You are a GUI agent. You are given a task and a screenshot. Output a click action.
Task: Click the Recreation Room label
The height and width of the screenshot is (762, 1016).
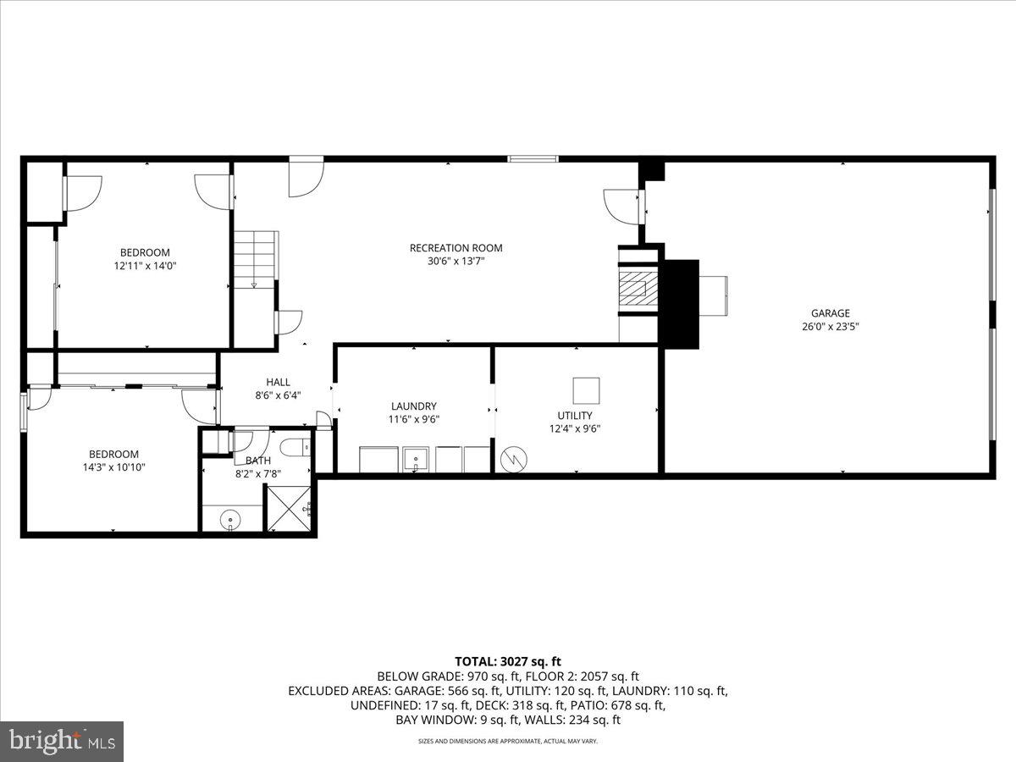(x=456, y=248)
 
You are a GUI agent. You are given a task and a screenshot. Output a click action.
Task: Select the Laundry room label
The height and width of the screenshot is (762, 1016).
(x=413, y=406)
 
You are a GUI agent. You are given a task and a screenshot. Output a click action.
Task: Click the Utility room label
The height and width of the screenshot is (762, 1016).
(x=575, y=415)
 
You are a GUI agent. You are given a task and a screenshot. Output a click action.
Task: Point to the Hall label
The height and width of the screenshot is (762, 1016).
(x=278, y=382)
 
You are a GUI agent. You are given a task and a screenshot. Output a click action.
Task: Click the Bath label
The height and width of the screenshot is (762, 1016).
(x=258, y=461)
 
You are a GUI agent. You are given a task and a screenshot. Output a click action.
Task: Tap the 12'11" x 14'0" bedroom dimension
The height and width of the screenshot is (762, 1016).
(x=145, y=266)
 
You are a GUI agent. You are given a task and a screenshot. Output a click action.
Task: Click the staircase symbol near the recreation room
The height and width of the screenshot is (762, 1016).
(x=256, y=258)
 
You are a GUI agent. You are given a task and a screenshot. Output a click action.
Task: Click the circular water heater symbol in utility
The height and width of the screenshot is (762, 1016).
(x=515, y=461)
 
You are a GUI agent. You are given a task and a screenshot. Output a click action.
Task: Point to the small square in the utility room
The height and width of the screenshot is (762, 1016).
(x=586, y=390)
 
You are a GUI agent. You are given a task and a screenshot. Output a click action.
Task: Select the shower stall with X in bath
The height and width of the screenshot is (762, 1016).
(x=290, y=509)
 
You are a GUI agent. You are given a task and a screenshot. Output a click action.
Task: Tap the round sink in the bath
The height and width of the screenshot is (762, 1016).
(x=229, y=518)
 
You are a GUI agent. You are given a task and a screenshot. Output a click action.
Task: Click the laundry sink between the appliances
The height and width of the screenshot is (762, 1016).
(x=415, y=460)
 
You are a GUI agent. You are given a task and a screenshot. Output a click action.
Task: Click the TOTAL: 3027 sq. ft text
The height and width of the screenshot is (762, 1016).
(x=508, y=662)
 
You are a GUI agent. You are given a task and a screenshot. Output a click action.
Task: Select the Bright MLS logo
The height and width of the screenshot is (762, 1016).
(x=62, y=741)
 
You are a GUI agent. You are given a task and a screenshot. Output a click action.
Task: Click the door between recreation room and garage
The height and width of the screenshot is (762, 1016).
(x=640, y=206)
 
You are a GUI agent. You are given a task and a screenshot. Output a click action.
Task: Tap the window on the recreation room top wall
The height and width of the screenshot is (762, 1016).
(x=533, y=158)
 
